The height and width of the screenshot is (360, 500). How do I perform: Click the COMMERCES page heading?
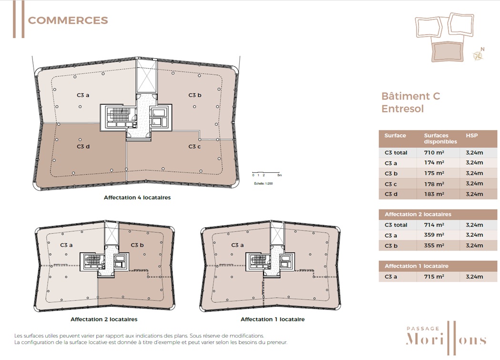[x=68, y=20]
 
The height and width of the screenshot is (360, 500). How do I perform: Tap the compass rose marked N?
[x=479, y=54]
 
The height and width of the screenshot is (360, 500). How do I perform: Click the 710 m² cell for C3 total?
[x=434, y=152]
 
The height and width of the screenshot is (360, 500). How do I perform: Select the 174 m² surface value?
[x=434, y=163]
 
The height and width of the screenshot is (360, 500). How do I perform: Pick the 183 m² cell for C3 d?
[x=434, y=194]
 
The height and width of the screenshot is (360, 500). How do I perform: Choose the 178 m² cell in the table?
[x=434, y=184]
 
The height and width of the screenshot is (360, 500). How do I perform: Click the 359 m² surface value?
[x=434, y=235]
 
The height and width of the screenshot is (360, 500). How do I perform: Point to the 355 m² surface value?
[x=434, y=246]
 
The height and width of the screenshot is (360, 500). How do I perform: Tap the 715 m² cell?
[x=434, y=277]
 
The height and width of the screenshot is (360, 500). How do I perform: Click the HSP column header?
[x=471, y=135]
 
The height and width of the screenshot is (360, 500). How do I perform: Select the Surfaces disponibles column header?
[x=440, y=139]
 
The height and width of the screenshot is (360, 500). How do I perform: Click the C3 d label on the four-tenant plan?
[x=83, y=147]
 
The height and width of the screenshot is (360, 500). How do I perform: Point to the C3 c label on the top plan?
[x=194, y=147]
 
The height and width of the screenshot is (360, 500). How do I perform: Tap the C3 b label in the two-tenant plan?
[x=137, y=245]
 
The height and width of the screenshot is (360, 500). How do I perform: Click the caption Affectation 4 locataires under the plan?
[x=137, y=198]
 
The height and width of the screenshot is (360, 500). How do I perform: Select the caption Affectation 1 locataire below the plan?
[x=273, y=319]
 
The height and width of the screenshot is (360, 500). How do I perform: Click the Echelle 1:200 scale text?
[x=264, y=183]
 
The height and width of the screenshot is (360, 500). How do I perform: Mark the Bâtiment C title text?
[x=411, y=96]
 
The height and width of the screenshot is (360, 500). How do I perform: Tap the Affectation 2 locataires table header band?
[x=438, y=214]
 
